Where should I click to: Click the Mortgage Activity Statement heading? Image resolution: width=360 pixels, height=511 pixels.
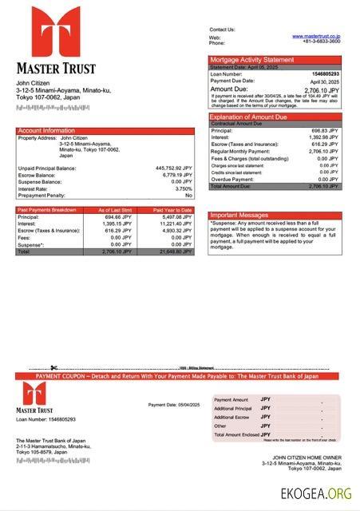tap(251, 60)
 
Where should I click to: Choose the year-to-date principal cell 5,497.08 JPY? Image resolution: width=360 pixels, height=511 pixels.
tap(176, 217)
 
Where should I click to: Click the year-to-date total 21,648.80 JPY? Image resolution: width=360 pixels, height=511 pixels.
tap(176, 252)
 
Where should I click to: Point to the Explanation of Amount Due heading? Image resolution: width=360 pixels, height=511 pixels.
tap(253, 117)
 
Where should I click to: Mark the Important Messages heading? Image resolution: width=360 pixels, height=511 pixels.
tap(239, 216)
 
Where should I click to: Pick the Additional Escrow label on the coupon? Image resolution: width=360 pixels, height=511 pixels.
tap(232, 417)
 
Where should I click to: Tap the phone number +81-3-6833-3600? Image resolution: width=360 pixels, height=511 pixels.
tap(322, 42)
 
